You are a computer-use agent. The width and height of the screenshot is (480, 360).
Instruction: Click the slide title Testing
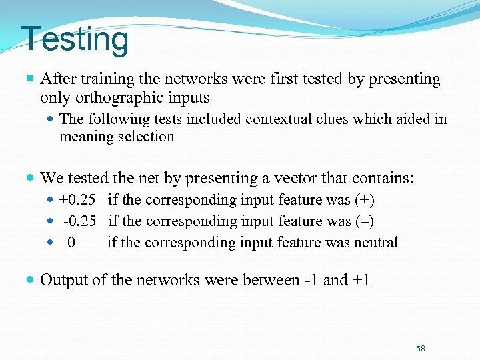pyautogui.click(x=75, y=39)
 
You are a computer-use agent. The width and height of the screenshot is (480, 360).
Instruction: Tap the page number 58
pyautogui.click(x=420, y=349)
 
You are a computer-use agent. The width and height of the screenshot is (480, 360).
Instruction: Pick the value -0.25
pyautogui.click(x=79, y=221)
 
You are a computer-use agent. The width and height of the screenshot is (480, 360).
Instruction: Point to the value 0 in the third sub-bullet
pyautogui.click(x=71, y=243)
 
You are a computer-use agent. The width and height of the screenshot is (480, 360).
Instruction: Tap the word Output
pyautogui.click(x=64, y=280)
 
